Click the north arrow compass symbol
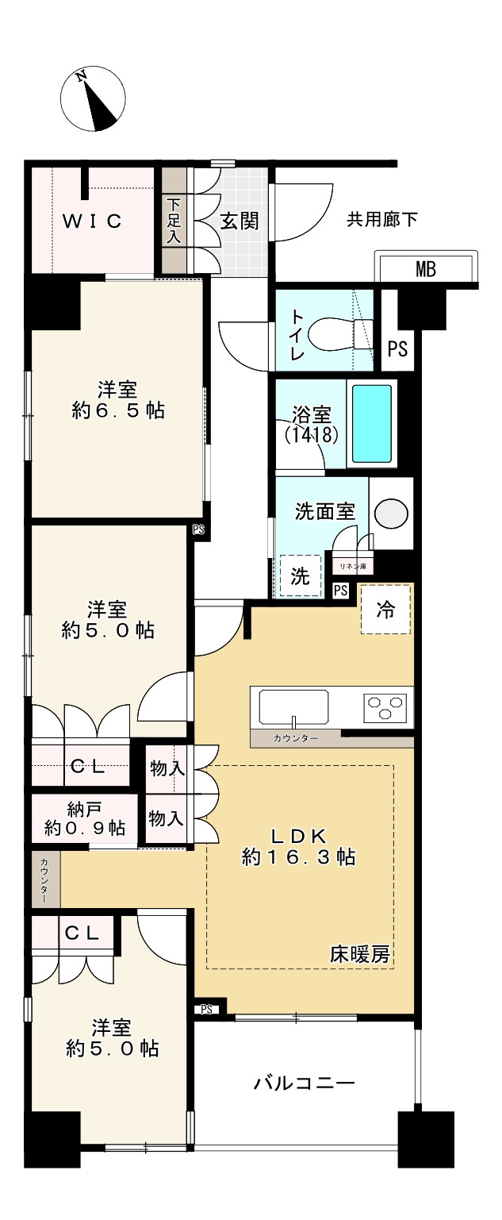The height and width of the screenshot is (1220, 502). [93, 99]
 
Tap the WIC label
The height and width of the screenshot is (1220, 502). [93, 221]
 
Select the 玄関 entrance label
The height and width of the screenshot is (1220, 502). [239, 221]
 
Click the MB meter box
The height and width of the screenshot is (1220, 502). [426, 269]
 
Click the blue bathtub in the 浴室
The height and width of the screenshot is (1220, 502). [372, 424]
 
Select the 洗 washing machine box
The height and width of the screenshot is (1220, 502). [300, 576]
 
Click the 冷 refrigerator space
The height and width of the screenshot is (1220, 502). [385, 610]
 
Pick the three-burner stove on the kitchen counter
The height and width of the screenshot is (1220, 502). [385, 706]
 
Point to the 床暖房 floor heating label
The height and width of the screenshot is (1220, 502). [360, 955]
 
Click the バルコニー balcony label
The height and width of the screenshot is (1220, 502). [304, 1083]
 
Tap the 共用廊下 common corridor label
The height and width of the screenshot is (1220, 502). [382, 220]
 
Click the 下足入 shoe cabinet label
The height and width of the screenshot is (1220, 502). [174, 221]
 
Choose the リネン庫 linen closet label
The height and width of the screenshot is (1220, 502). [353, 566]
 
